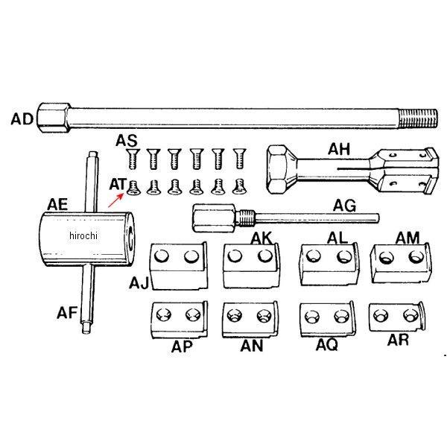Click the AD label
(22, 118)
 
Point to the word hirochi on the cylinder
(83, 236)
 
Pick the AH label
(340, 149)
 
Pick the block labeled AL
(326, 263)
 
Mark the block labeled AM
(397, 262)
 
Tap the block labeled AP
(178, 318)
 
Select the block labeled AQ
(324, 320)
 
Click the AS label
(127, 142)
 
